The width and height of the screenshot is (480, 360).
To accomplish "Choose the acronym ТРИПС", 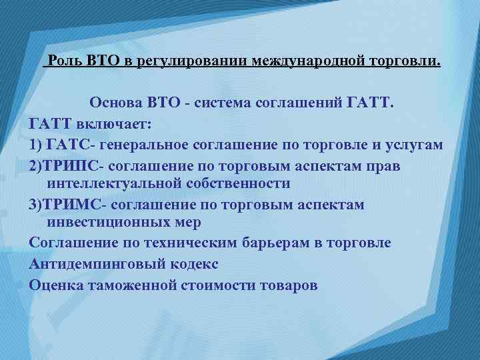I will pyautogui.click(x=72, y=164).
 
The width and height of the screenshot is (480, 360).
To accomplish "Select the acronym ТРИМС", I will pyautogui.click(x=72, y=204).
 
